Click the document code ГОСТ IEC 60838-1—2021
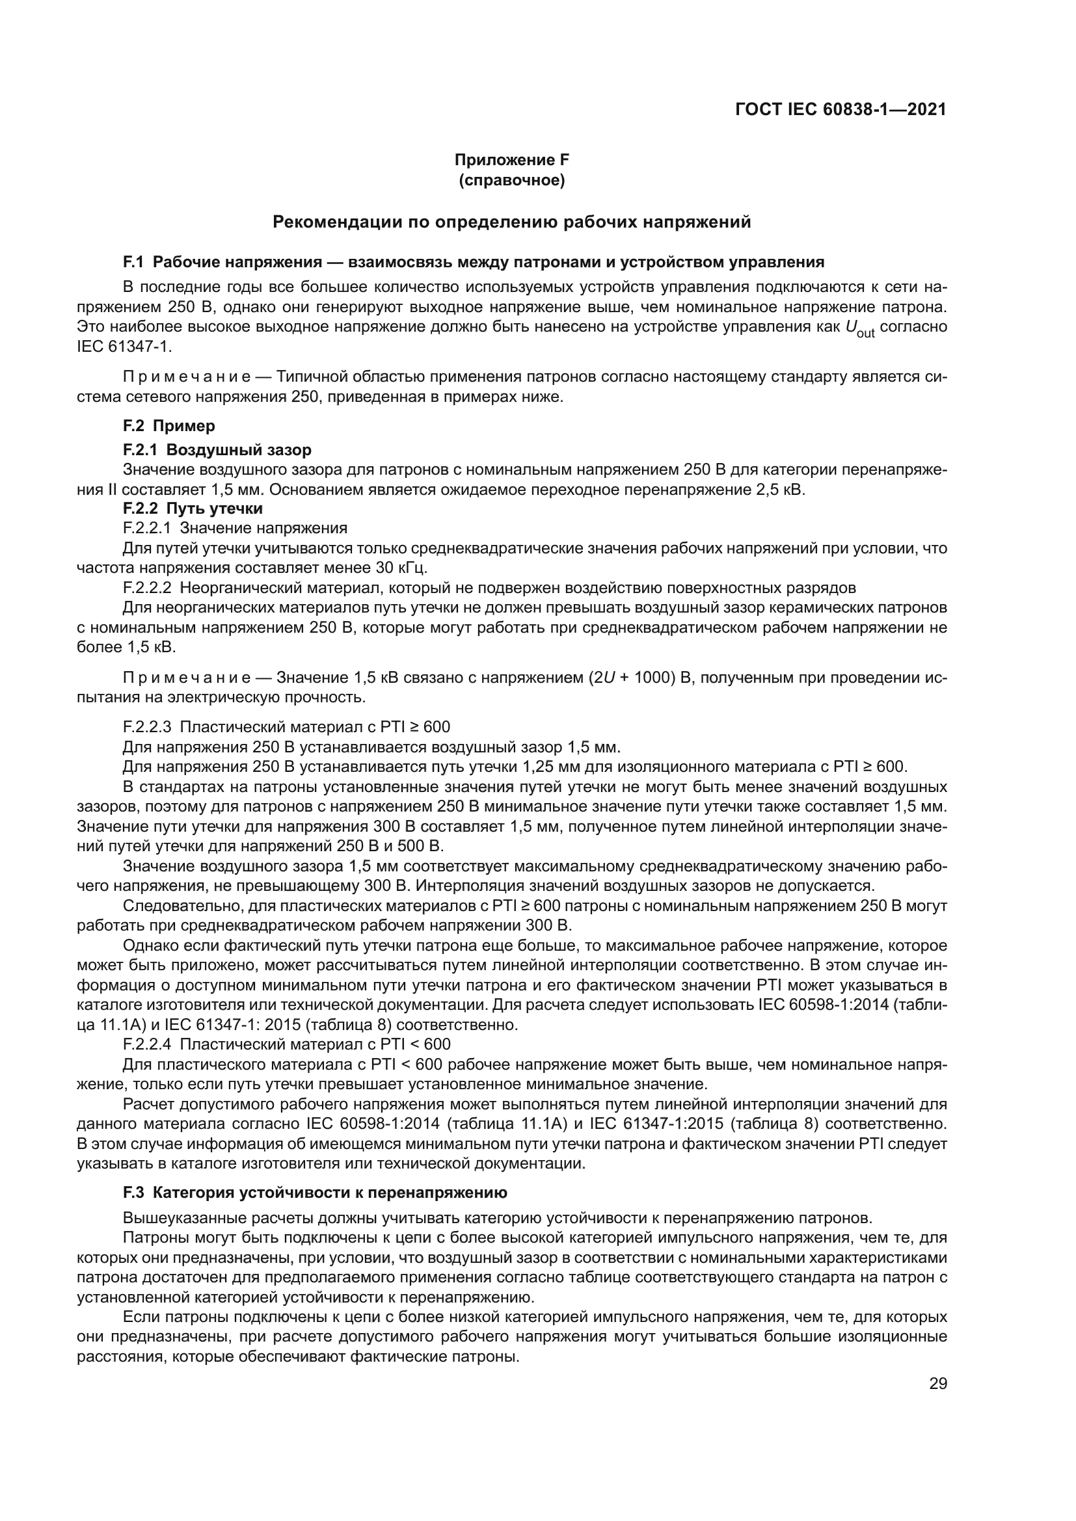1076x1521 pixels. [840, 110]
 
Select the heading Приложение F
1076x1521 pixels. [511, 160]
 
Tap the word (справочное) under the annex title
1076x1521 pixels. [511, 180]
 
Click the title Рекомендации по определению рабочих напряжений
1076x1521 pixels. [511, 222]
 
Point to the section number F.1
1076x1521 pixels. [133, 262]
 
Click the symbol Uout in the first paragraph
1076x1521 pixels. [860, 328]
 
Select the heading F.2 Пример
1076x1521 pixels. [169, 425]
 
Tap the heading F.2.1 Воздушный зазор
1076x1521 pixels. [217, 451]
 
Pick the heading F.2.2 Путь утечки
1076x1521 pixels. [193, 509]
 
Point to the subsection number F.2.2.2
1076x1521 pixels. [147, 588]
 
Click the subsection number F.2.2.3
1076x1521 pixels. [147, 727]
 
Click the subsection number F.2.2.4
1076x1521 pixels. [147, 1045]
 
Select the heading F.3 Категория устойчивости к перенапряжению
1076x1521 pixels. [315, 1193]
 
